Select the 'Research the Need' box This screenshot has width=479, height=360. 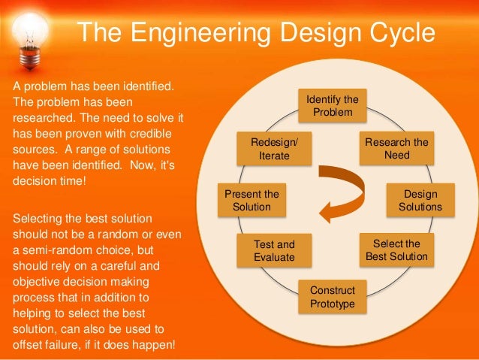396,149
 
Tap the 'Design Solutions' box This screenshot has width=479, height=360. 420,200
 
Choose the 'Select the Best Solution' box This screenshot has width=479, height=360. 396,250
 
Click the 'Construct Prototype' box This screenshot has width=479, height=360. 327,297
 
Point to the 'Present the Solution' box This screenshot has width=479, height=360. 252,200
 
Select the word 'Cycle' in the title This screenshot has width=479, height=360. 398,34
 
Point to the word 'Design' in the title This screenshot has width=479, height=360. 309,34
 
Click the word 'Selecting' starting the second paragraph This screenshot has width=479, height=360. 38,218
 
